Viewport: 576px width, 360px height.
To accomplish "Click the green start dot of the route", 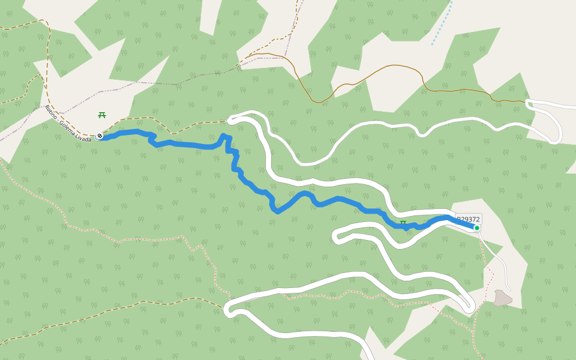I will point(477,228).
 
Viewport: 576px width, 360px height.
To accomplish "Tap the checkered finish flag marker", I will point(100,136).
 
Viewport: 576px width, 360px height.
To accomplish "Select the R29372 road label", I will point(469,220).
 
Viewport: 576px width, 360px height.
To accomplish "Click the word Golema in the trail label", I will point(68,127).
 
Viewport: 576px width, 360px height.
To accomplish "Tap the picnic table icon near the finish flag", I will point(102,115).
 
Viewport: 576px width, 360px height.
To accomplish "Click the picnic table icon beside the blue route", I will point(403,223).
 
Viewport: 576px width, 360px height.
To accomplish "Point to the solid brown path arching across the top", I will point(384,67).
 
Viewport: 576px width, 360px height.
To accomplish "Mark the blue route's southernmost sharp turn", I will point(276,211).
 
